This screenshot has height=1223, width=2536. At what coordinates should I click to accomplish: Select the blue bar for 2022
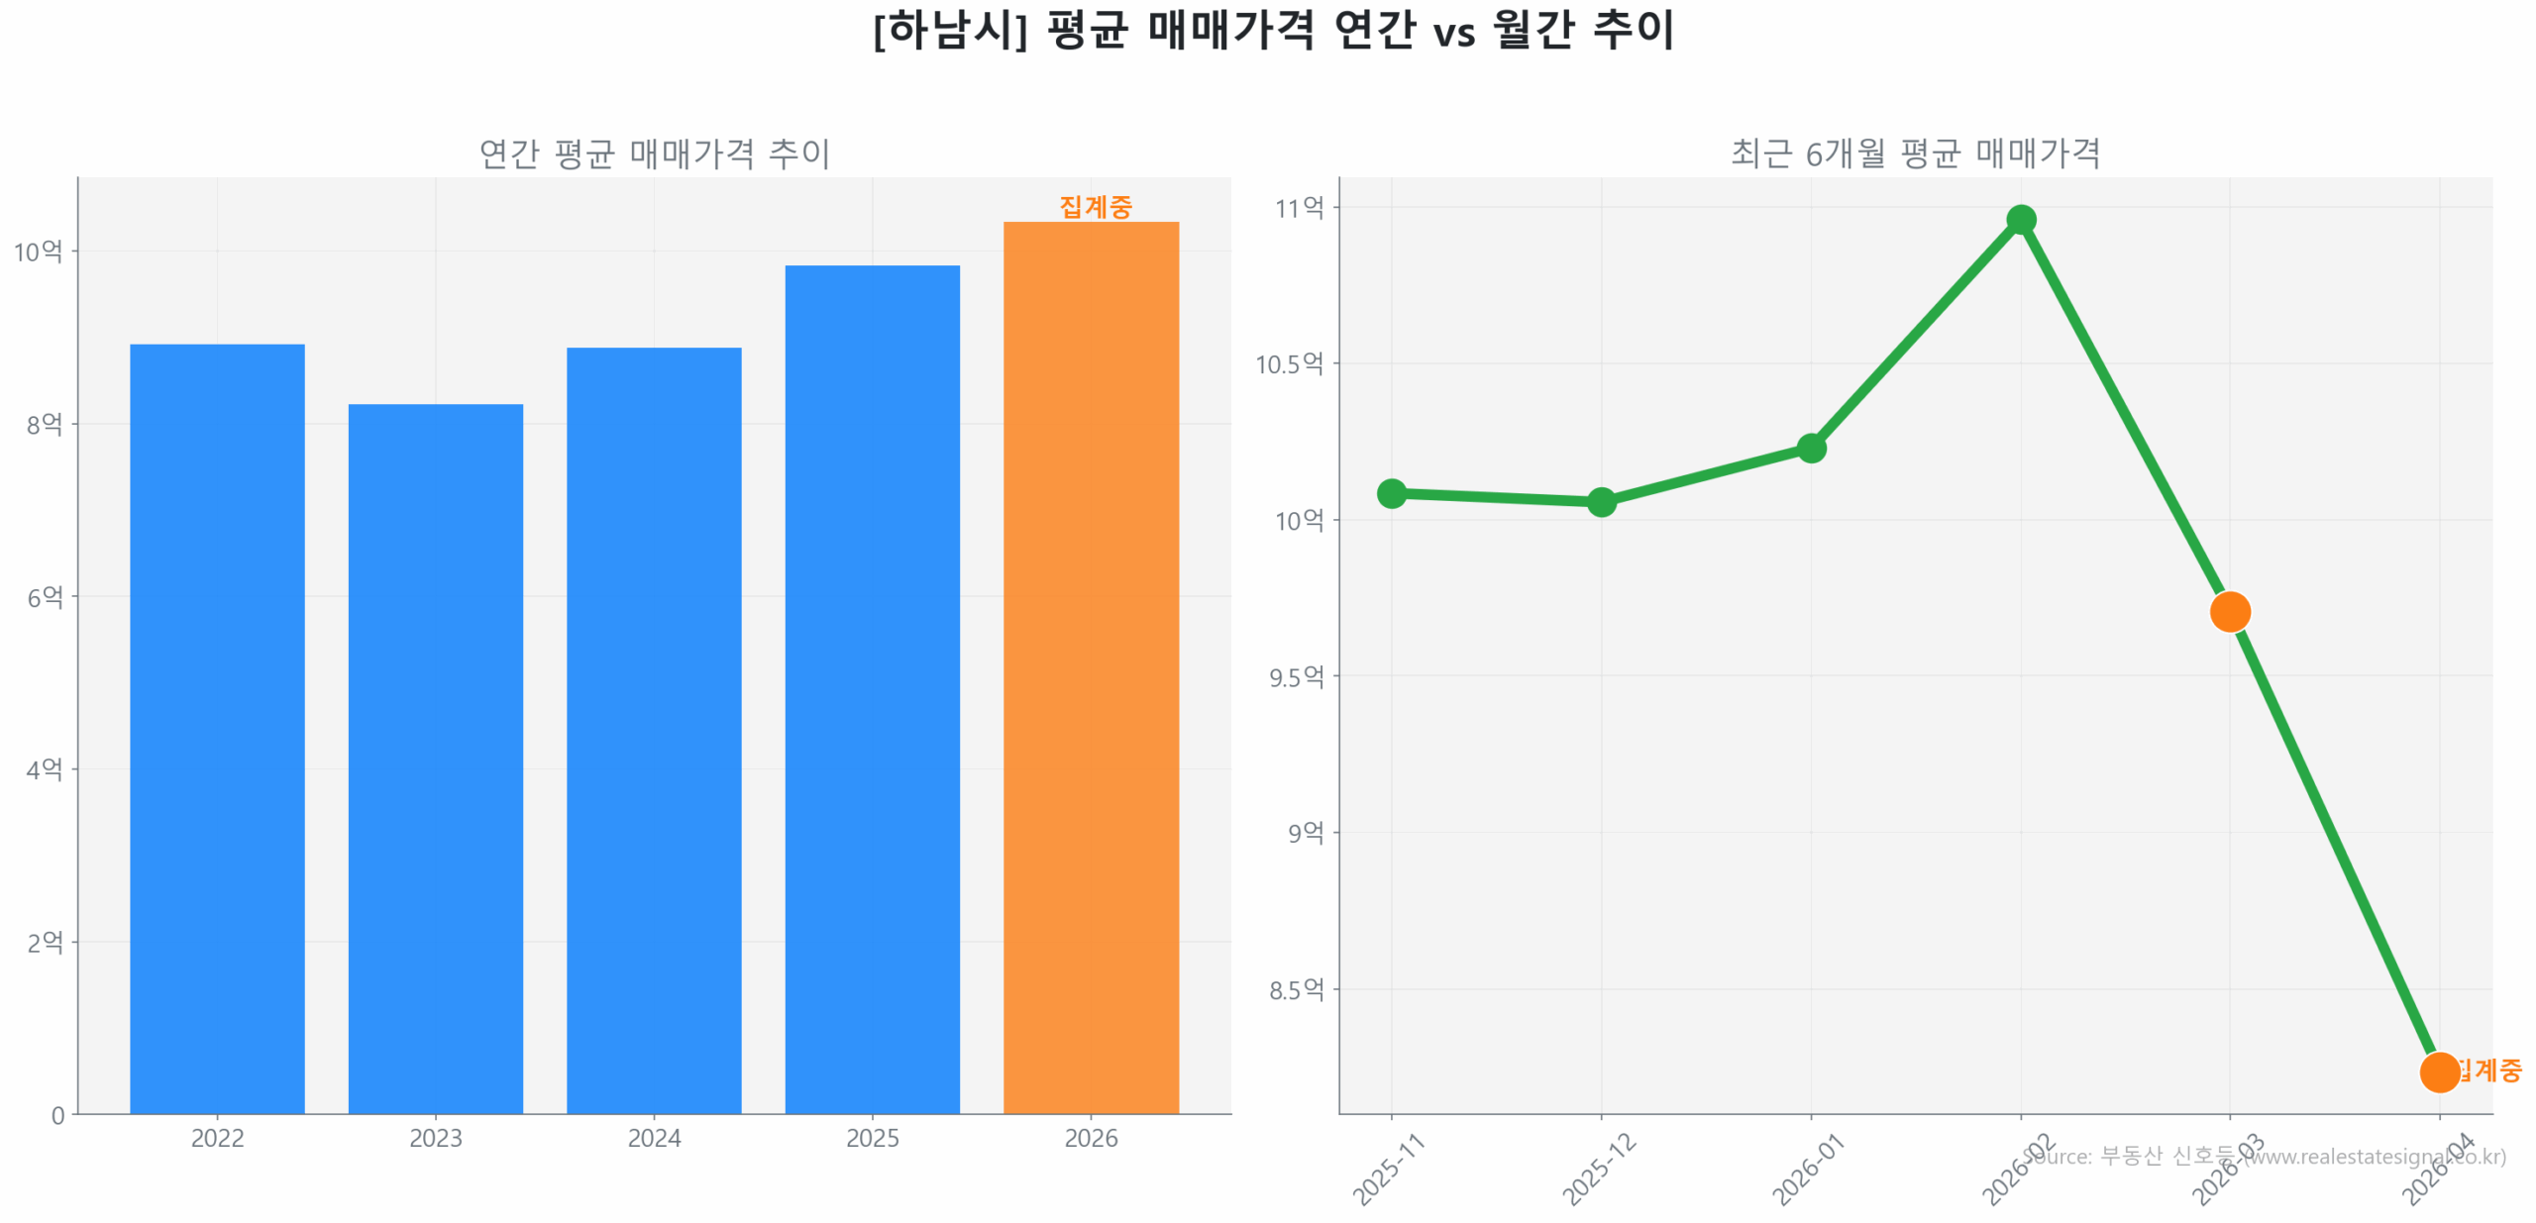217,728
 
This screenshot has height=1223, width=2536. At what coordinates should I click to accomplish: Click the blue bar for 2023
435,758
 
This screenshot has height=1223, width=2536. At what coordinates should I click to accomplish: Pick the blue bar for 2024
654,730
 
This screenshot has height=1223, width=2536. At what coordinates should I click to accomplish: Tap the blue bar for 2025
872,688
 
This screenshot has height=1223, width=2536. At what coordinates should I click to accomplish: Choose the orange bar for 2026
1091,666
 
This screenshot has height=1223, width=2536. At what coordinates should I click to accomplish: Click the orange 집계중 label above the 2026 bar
1095,206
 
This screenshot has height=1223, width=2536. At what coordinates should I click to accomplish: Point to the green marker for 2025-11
1391,492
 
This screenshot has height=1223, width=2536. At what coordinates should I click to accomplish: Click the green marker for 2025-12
1601,501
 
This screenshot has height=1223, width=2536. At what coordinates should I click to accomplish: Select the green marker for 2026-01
1811,448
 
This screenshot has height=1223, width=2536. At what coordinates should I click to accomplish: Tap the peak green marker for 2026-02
2021,219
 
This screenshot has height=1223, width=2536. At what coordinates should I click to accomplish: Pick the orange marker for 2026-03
2230,611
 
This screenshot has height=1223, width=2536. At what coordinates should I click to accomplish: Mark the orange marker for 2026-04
2439,1071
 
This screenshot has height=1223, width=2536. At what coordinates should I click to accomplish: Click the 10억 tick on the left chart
38,252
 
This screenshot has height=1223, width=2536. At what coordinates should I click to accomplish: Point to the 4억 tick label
45,769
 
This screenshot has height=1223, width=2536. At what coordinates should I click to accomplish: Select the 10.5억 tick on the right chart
1289,363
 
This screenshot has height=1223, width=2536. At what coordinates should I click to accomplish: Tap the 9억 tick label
1305,833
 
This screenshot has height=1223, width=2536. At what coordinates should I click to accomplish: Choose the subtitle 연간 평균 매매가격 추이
654,153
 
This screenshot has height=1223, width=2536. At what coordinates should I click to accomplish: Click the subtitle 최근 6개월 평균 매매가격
1915,153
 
